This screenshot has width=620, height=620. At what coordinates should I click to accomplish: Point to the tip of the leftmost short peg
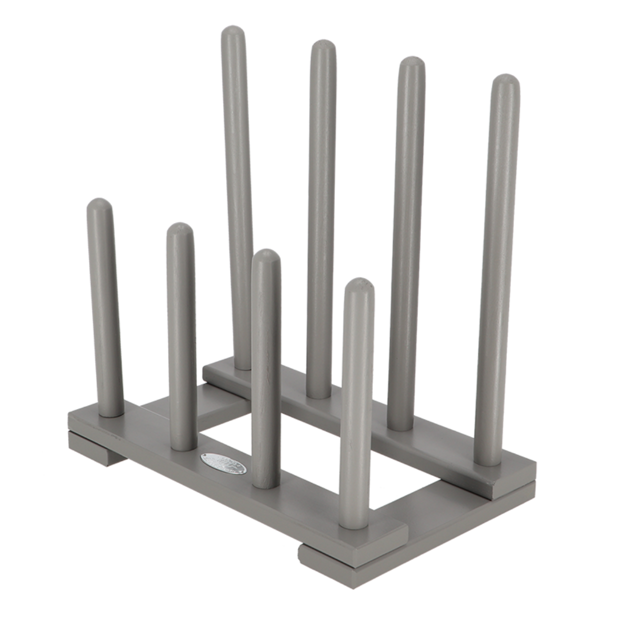point(100,204)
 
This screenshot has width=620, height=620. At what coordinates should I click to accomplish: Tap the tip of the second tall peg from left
point(323,50)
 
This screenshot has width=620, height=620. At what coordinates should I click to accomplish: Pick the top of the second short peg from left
point(180,229)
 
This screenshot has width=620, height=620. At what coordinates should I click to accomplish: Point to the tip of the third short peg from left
point(266,256)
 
